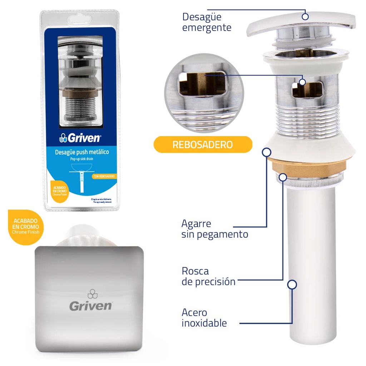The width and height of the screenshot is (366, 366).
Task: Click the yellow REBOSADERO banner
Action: [203, 145]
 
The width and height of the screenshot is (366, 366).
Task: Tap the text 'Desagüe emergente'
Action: [207, 22]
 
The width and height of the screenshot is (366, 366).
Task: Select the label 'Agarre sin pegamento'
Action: [214, 229]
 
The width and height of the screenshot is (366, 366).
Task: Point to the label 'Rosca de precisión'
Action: [208, 276]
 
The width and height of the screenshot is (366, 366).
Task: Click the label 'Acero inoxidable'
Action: [204, 318]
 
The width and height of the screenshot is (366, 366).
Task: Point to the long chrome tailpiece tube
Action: [311, 264]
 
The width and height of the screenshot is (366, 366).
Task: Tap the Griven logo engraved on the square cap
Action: [90, 302]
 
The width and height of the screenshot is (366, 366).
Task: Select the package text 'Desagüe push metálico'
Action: [82, 152]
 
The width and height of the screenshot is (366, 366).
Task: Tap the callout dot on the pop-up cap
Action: [305, 16]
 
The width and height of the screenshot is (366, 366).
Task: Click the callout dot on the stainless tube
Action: [292, 285]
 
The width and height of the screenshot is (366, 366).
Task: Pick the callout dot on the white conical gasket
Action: [266, 152]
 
